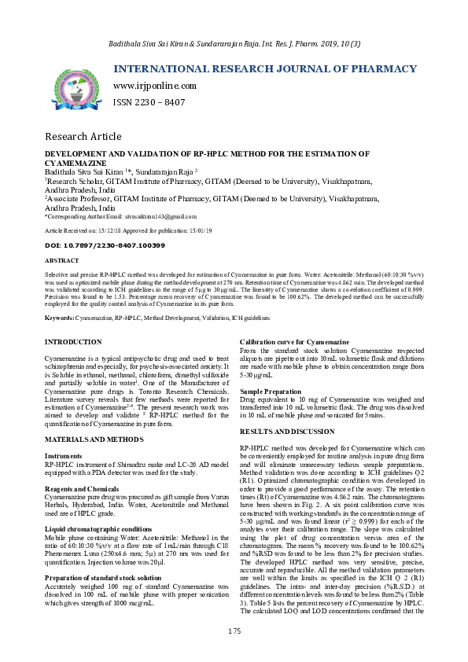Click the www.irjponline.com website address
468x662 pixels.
click(155, 86)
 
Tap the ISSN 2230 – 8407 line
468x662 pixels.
click(149, 102)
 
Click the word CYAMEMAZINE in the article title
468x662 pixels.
click(76, 163)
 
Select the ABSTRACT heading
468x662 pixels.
click(61, 259)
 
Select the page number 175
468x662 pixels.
click(234, 631)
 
